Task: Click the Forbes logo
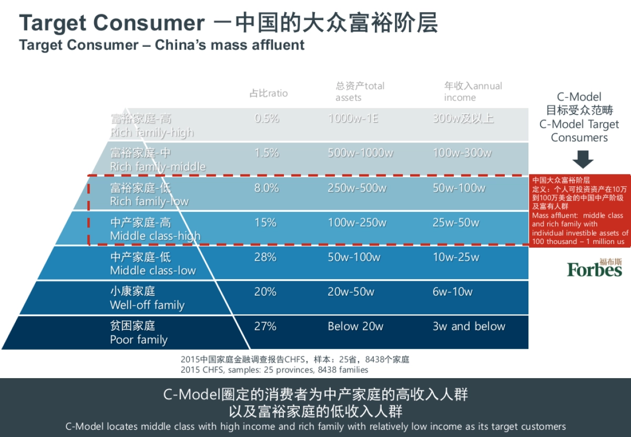pos(594,268)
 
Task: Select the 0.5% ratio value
pos(267,119)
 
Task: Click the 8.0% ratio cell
pos(267,188)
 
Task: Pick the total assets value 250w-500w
pos(357,188)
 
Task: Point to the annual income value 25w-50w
pos(456,223)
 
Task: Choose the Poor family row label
pos(139,333)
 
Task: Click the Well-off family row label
pos(147,298)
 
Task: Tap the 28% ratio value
pos(266,258)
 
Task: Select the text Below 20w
pos(355,327)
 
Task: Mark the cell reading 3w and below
pos(469,327)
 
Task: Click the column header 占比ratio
pos(269,94)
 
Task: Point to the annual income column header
pos(473,92)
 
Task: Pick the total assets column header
pos(360,92)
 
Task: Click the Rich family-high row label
pos(151,126)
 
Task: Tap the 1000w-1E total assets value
pos(353,119)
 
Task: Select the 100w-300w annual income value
pos(462,154)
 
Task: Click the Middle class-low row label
pos(152,264)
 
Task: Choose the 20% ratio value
pos(266,292)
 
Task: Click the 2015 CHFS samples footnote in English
pos(274,370)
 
